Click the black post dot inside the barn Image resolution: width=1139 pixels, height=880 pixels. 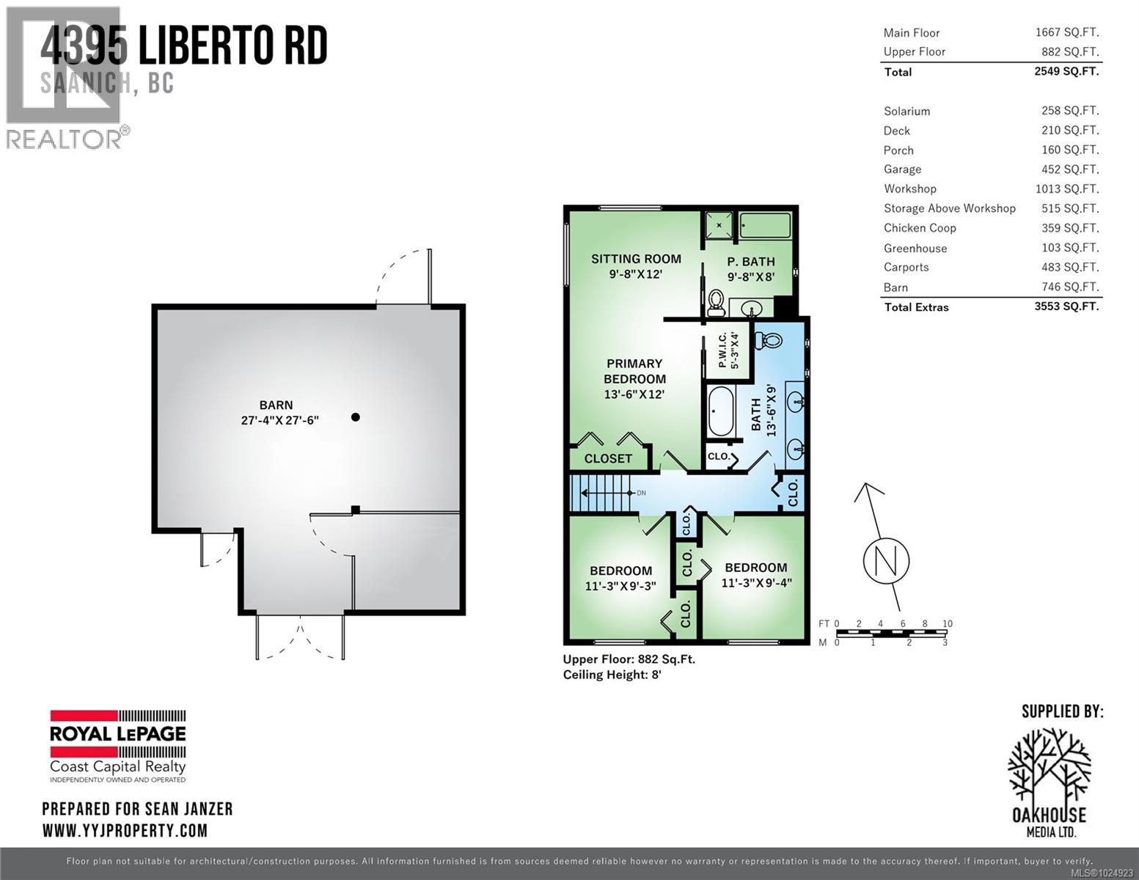(356, 417)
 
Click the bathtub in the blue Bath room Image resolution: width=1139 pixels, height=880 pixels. (720, 411)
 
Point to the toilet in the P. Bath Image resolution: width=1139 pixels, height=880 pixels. (716, 303)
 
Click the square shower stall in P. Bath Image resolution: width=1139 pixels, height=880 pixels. (719, 226)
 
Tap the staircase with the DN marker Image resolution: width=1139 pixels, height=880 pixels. (600, 494)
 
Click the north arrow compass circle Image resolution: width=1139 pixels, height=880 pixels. (886, 561)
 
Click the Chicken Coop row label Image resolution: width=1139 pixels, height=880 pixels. (920, 228)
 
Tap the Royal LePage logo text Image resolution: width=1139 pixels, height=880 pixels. (117, 733)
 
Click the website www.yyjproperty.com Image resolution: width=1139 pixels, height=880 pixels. (125, 831)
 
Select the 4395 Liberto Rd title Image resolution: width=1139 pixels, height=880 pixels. (183, 47)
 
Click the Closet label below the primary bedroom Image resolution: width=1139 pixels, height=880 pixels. (608, 458)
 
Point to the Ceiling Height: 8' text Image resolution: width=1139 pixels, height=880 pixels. (612, 675)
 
